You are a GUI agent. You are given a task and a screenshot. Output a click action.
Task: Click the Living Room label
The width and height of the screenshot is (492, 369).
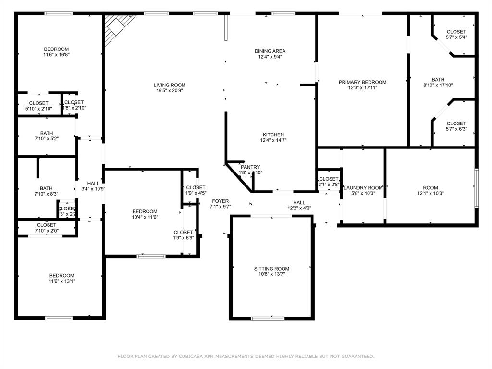tap(169, 85)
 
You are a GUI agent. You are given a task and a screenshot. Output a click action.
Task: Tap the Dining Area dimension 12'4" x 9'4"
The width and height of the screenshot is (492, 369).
tap(270, 57)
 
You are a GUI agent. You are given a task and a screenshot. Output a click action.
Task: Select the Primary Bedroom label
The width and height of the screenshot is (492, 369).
tap(362, 82)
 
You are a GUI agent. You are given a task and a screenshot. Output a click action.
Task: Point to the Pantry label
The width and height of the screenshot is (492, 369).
tap(250, 167)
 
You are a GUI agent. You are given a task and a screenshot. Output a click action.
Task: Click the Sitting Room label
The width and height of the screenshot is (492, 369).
tap(271, 269)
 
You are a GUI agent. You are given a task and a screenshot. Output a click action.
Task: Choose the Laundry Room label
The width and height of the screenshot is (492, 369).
tap(363, 188)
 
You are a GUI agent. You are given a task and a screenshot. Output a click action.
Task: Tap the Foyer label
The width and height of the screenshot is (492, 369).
tap(221, 201)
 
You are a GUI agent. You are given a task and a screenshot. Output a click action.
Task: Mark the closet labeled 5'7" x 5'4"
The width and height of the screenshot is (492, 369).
tap(456, 34)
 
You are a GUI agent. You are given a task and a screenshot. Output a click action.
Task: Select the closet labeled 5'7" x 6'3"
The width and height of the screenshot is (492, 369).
tap(456, 126)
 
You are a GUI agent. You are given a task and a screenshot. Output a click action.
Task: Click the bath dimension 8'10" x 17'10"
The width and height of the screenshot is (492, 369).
tap(438, 85)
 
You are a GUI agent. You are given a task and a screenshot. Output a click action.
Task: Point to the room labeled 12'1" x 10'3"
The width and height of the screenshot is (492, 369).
tap(430, 191)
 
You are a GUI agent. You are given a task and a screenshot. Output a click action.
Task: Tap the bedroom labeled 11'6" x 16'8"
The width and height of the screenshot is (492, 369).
tap(56, 52)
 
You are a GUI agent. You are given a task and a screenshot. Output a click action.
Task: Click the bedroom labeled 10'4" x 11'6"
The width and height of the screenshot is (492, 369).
tap(145, 214)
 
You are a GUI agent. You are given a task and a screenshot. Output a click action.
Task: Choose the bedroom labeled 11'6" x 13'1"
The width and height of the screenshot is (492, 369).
tap(61, 278)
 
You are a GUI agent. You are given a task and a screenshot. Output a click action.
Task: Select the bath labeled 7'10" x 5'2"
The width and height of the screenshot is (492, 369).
tap(47, 136)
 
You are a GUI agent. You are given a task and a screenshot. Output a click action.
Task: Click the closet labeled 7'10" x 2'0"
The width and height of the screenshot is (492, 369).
tap(47, 228)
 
